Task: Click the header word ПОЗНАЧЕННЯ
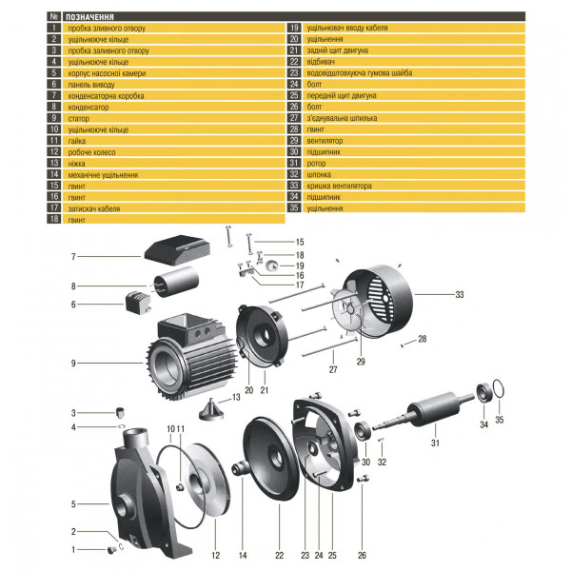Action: [x=92, y=17]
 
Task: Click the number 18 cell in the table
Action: [x=53, y=219]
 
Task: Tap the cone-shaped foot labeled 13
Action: [x=210, y=410]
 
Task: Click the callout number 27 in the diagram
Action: [x=334, y=370]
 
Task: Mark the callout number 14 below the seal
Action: [x=243, y=554]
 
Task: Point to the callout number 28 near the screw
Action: [x=423, y=340]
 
